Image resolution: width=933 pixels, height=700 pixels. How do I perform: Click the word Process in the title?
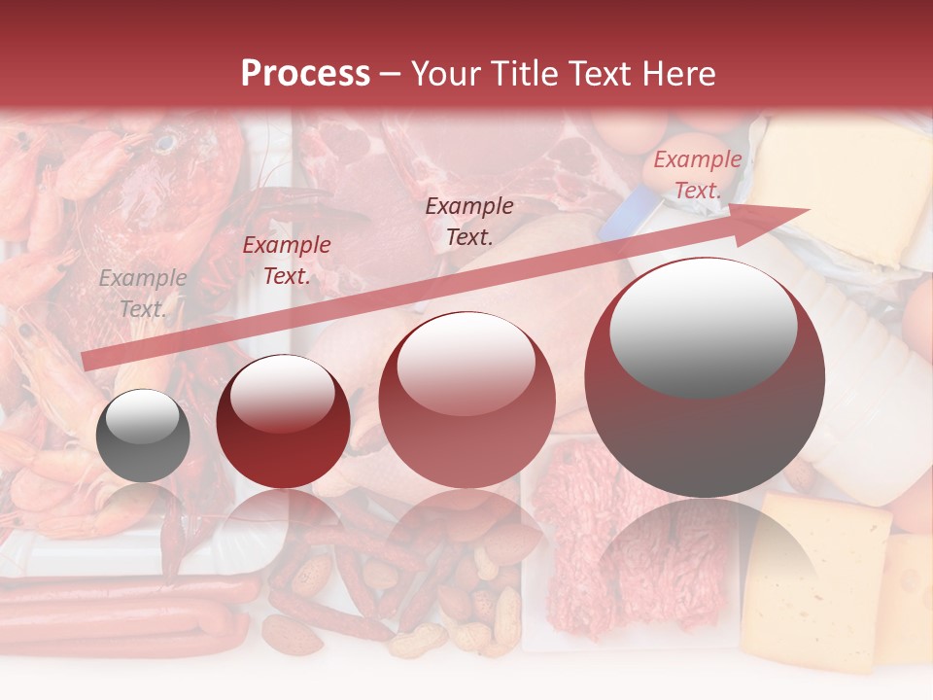305,74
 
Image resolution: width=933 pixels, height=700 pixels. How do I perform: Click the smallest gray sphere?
143,436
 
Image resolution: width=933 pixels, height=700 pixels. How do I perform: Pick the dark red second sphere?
283,421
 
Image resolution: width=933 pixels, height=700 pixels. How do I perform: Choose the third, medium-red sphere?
466,400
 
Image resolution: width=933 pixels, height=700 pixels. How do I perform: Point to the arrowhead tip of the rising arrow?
809,209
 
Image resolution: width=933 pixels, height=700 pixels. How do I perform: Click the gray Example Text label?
143,294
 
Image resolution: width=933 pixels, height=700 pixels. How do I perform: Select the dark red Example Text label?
286,261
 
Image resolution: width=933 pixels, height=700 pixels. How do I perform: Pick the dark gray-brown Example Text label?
469,221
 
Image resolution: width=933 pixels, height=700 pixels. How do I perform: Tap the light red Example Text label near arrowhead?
697,175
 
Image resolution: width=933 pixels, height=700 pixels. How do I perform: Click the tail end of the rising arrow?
87,362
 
